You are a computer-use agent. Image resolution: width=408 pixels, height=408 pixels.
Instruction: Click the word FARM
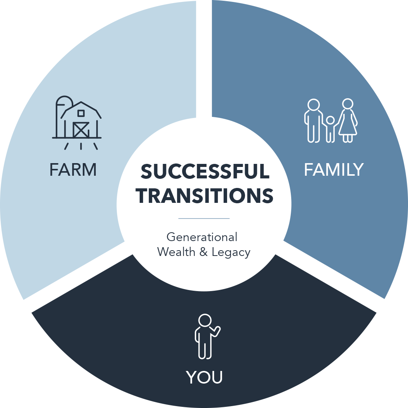(x=73, y=170)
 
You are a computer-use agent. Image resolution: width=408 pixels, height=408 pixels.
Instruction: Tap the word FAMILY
(x=334, y=170)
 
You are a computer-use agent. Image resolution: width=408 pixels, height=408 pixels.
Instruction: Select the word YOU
(x=204, y=377)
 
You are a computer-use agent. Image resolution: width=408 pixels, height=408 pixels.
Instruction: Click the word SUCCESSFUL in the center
(x=205, y=171)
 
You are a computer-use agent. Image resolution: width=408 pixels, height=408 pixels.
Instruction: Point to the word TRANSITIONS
(x=205, y=196)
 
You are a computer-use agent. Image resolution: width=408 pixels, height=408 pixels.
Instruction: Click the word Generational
(x=202, y=237)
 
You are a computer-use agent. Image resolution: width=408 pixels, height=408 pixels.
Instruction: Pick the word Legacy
(x=231, y=253)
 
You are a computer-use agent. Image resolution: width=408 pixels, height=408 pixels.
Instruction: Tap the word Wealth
(x=176, y=252)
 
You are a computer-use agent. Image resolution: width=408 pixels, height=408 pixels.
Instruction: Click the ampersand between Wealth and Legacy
(x=203, y=252)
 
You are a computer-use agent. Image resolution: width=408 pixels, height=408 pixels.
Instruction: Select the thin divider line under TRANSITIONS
(x=204, y=219)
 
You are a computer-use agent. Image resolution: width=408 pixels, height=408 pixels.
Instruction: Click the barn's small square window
(x=81, y=113)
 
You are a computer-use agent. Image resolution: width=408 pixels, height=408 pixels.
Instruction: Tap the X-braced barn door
(x=81, y=130)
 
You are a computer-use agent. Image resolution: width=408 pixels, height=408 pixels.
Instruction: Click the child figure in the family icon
(x=330, y=129)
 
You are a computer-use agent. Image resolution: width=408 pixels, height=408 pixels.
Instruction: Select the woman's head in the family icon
(x=348, y=104)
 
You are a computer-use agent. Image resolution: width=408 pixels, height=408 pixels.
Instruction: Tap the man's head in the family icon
(x=314, y=105)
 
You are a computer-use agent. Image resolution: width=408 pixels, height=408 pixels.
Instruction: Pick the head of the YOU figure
(x=205, y=320)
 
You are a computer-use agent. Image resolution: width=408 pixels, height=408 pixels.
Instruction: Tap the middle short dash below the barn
(x=81, y=146)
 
